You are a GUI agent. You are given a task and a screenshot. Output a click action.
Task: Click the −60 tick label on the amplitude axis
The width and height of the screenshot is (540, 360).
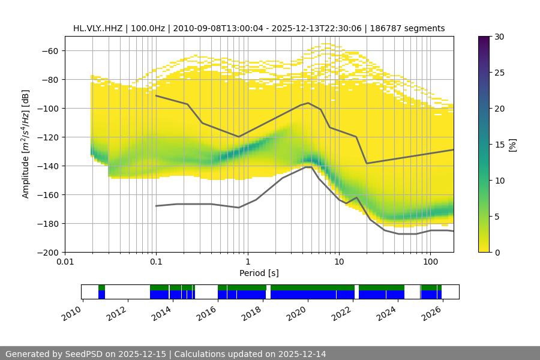pos(49,51)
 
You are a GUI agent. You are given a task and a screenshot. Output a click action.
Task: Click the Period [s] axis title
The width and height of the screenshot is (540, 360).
pos(259,273)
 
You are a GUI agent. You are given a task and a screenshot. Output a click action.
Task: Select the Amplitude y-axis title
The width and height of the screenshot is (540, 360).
pos(26,144)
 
